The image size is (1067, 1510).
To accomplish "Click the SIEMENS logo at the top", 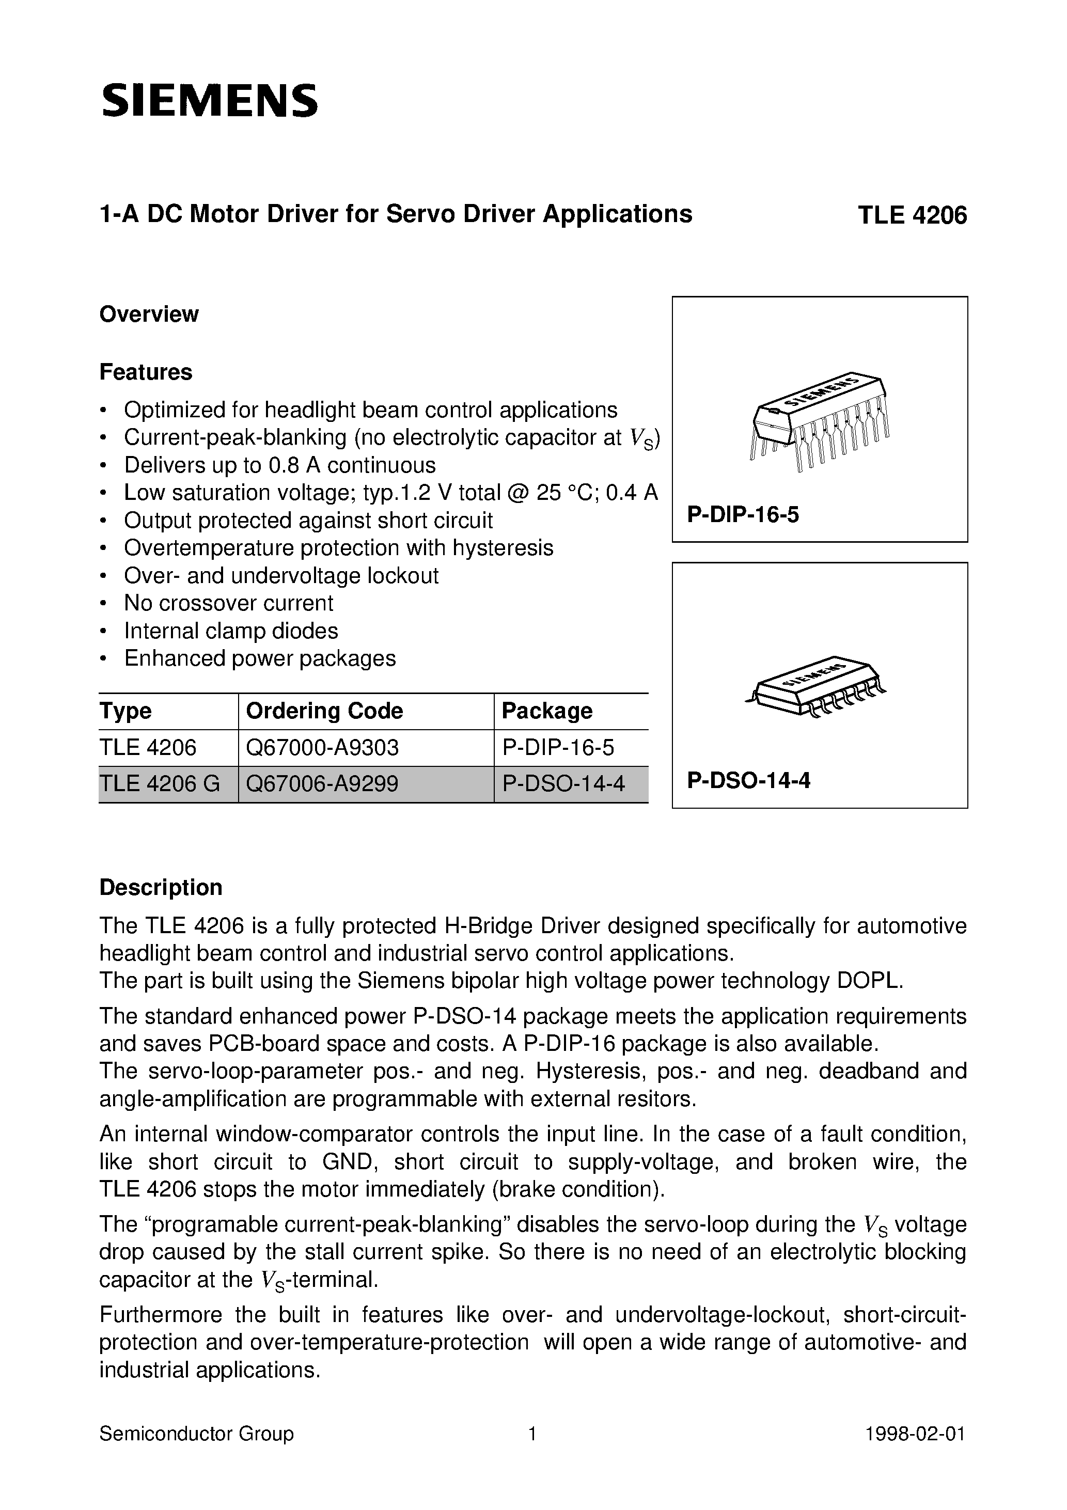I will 209,101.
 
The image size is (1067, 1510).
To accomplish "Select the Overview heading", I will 149,314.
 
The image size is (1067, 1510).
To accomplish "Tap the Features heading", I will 145,372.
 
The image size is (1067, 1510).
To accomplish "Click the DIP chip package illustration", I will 819,421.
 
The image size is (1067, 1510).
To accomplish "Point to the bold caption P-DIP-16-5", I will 743,515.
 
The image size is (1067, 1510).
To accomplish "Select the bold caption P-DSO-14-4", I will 748,781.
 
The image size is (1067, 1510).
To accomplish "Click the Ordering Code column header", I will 324,711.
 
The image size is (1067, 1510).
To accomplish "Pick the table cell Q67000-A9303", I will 322,748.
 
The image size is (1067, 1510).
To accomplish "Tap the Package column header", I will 546,711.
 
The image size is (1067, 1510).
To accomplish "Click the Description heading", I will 161,888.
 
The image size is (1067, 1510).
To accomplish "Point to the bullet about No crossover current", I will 228,603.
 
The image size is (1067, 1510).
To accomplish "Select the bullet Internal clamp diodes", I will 231,631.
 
